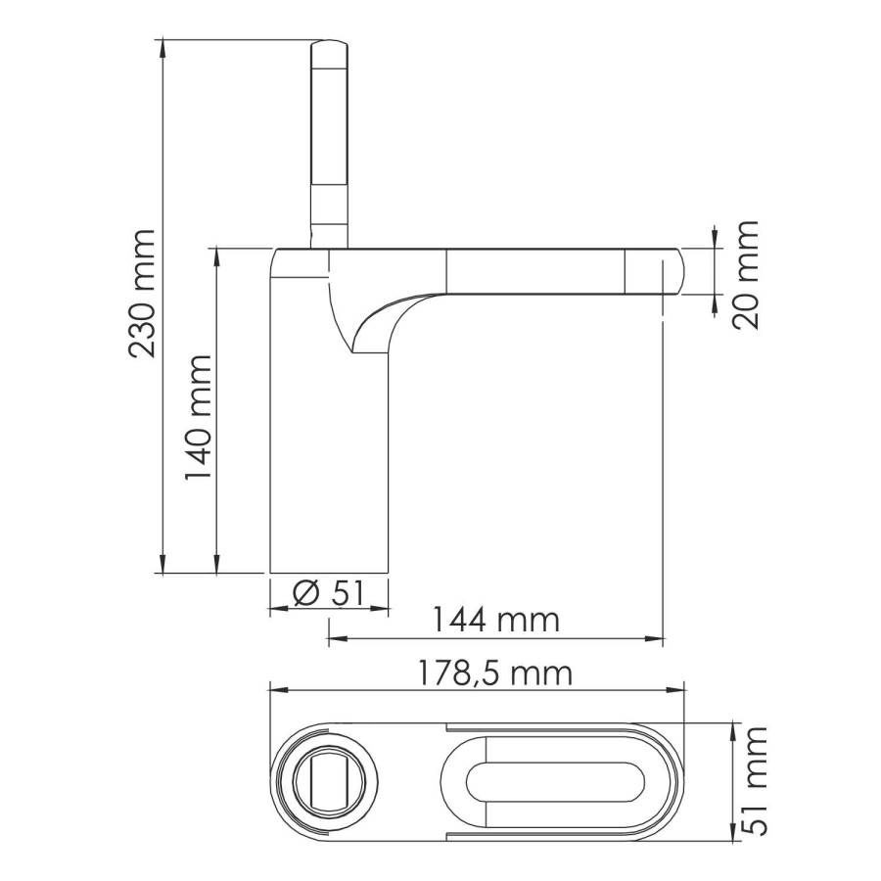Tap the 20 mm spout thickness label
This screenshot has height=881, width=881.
point(746,275)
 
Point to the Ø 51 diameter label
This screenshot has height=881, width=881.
point(329,592)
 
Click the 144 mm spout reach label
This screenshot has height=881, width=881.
point(496,620)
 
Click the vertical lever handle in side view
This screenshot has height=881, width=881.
point(328,137)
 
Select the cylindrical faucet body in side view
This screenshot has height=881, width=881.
point(329,460)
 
